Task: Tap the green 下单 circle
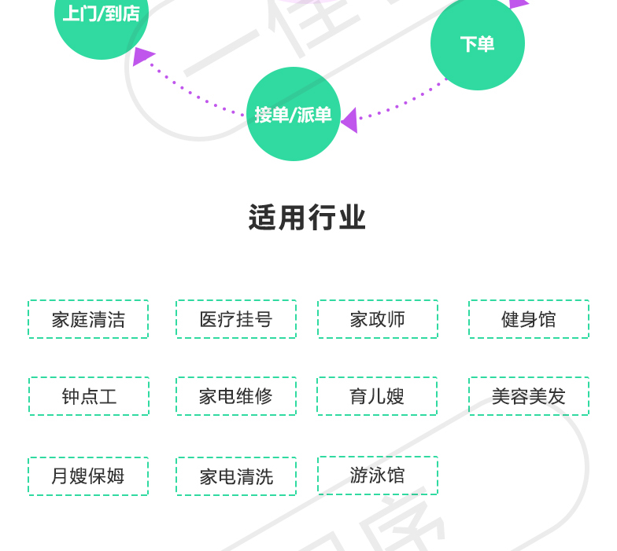coord(477,43)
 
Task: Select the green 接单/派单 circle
coord(294,114)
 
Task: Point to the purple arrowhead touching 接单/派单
coord(349,120)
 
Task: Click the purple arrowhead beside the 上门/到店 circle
coord(142,55)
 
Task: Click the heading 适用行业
coord(307,218)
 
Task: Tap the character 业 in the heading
coord(353,218)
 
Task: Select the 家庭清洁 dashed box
coord(88,319)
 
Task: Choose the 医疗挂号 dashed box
coord(236,319)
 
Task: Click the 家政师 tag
coord(378,319)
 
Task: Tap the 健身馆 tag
coord(529,319)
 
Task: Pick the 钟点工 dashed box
coord(89,396)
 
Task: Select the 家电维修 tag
coord(236,396)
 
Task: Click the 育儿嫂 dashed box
coord(377,396)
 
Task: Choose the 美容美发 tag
coord(529,396)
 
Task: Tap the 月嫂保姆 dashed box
coord(88,476)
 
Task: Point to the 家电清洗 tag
coord(236,476)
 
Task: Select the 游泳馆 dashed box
coord(378,476)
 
